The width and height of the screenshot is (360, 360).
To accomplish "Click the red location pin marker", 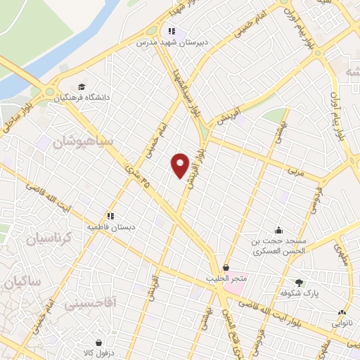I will [x=181, y=165].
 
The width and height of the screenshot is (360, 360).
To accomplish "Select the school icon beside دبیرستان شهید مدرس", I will [x=170, y=31].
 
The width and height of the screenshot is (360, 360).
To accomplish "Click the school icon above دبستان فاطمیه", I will [x=110, y=216].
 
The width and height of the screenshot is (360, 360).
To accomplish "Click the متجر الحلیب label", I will [x=226, y=278].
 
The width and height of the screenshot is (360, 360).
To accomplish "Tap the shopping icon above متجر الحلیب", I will [x=226, y=267].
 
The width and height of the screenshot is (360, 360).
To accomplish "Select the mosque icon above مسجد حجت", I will [x=279, y=230].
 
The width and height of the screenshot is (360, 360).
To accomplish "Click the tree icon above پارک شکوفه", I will [x=300, y=283].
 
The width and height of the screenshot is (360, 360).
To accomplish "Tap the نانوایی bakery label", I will [x=342, y=324].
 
